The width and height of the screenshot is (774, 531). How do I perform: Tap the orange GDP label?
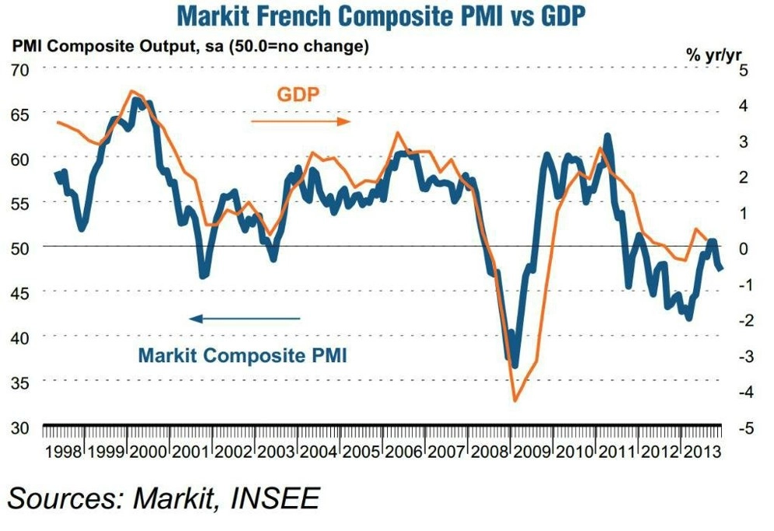[299, 95]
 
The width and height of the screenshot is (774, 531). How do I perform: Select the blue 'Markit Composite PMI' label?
[242, 356]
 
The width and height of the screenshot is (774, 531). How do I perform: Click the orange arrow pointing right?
[301, 122]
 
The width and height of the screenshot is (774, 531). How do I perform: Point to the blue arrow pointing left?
[245, 318]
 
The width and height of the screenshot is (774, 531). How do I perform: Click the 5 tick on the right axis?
[744, 69]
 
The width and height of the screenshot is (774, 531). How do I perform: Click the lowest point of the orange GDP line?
[514, 400]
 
